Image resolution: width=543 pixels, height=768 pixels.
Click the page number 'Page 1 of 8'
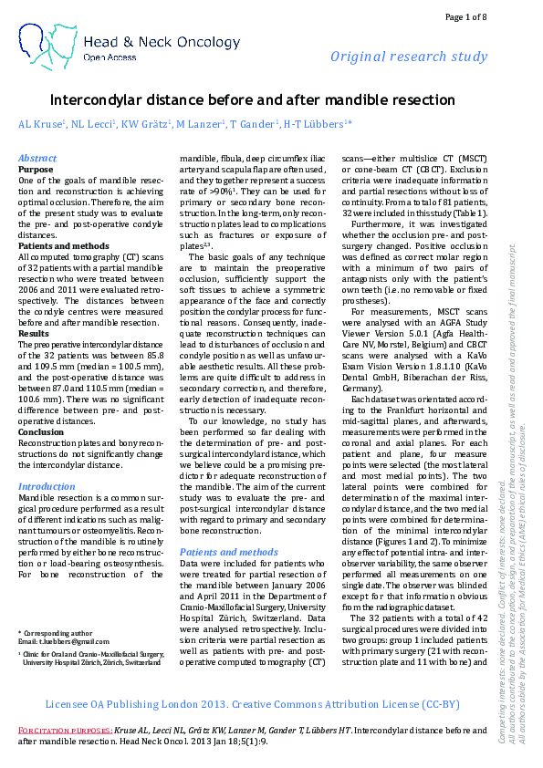pos(466,17)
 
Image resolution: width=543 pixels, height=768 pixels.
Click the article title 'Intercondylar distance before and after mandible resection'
pos(252,99)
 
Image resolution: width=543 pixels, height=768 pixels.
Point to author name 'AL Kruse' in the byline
pos(41,123)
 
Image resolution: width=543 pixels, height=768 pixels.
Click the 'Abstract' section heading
pos(37,158)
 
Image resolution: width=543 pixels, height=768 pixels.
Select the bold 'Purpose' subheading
pos(37,169)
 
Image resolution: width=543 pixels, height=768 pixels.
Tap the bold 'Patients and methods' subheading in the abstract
pos(63,246)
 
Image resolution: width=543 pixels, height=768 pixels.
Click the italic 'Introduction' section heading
pos(47,487)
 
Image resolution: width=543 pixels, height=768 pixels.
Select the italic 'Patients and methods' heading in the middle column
pos(229,552)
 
